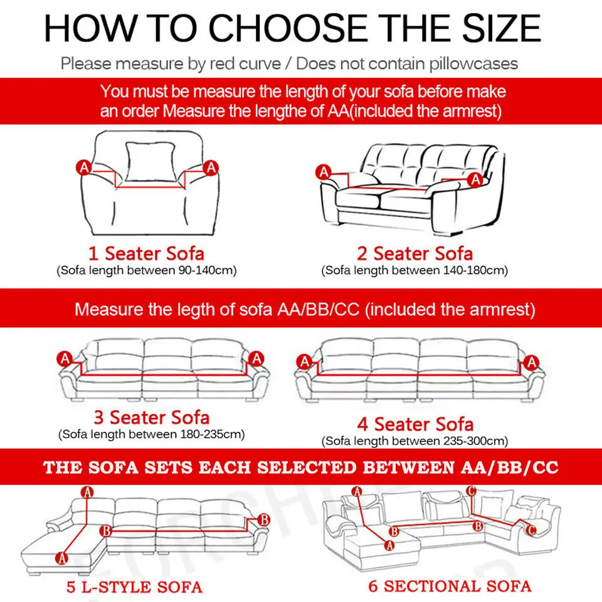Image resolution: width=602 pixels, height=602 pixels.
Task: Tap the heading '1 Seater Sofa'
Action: point(146,254)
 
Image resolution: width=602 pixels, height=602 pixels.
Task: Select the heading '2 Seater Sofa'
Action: point(415,254)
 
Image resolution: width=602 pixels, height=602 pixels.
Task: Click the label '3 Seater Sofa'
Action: point(151,418)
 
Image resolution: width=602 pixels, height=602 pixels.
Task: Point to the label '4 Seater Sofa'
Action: point(415,425)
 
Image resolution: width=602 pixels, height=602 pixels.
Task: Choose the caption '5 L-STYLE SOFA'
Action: point(135,588)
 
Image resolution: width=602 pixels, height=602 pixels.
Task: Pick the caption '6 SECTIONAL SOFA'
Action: point(449,586)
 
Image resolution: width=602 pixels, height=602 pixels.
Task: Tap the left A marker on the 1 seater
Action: point(83,167)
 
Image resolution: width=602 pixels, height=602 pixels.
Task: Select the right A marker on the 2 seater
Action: point(475,180)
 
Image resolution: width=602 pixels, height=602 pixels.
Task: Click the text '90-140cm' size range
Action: point(204,271)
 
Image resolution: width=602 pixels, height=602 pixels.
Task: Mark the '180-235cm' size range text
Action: point(211,434)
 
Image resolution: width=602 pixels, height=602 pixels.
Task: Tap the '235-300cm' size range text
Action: point(475,441)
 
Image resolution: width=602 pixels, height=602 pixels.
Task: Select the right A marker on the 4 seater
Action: point(532,362)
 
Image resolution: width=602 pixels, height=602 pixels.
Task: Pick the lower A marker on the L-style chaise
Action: point(61,556)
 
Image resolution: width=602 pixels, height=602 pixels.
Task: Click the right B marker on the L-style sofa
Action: point(264,519)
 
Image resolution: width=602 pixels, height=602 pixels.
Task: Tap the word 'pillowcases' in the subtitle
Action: point(475,63)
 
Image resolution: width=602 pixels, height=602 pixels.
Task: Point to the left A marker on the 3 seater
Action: point(64,359)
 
